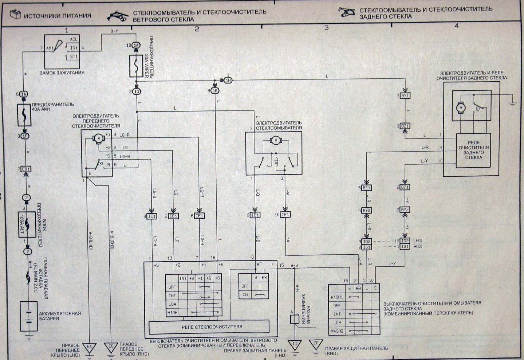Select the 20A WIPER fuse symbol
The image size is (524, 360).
coord(136,66)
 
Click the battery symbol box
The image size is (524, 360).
coord(28,316)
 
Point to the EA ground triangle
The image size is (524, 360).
coord(89,347)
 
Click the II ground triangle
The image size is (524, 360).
coord(295,344)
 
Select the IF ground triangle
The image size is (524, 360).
coord(315,344)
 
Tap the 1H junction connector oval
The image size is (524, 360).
coord(228,81)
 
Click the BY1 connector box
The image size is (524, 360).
coord(405,95)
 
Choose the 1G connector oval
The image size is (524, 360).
coord(137,91)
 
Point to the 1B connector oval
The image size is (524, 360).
coord(215,90)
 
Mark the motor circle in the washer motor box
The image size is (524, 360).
coord(276,141)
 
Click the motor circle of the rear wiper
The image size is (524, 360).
coord(461,108)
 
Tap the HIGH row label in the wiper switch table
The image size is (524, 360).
coord(173,313)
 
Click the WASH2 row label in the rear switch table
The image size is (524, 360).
coord(337,331)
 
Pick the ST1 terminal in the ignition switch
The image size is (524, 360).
coord(74,56)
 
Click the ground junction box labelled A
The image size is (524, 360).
coord(295,319)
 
